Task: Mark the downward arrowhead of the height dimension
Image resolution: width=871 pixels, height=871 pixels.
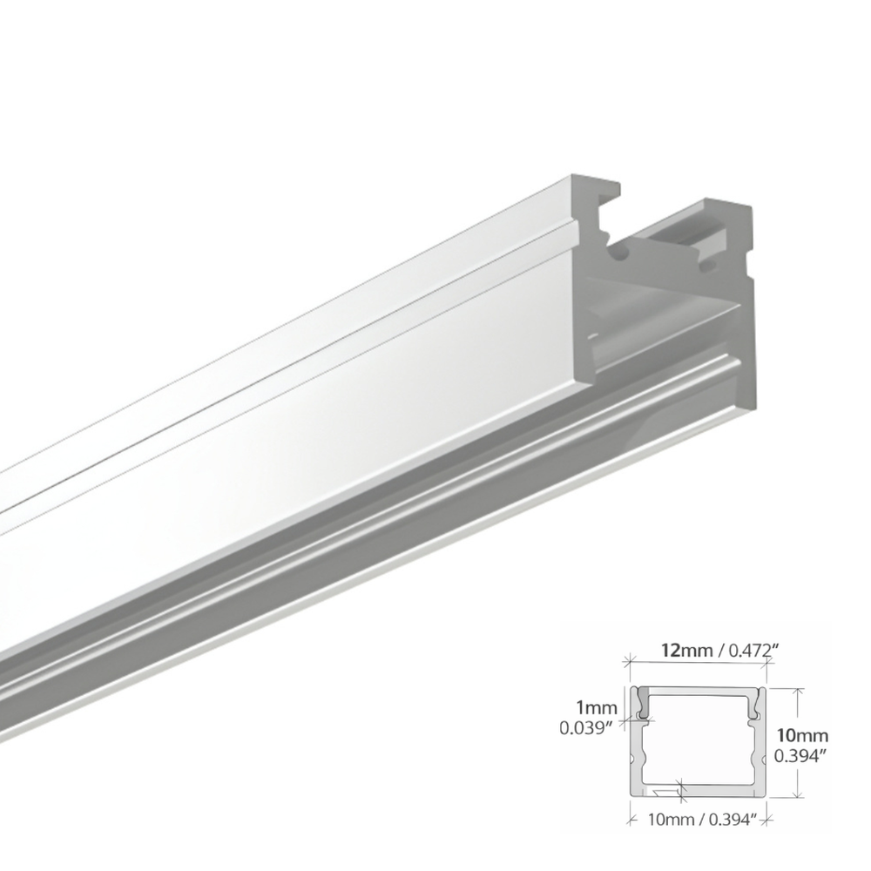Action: pos(797,795)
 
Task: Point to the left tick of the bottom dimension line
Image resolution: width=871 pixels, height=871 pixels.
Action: pos(630,817)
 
